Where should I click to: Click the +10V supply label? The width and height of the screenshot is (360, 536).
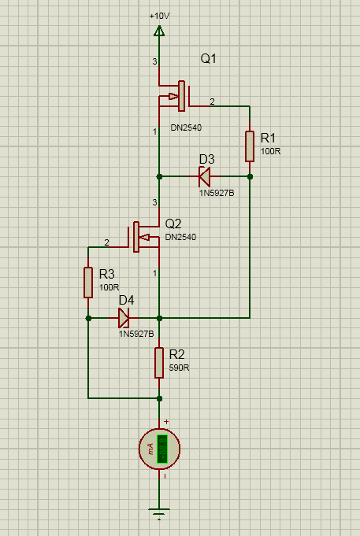(159, 15)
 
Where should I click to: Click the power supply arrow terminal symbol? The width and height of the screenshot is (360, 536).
(159, 31)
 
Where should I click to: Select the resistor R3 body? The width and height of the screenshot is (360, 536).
(88, 283)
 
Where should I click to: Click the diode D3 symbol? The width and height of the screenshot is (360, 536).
(205, 177)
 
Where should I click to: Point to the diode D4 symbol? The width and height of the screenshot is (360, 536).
(124, 318)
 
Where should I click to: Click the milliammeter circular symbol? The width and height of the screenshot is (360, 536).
(159, 449)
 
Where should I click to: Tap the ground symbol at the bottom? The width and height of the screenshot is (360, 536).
(159, 516)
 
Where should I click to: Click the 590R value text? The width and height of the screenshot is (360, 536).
(179, 368)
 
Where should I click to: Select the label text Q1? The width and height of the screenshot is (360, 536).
(209, 59)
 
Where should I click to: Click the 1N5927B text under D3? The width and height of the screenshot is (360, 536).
(216, 193)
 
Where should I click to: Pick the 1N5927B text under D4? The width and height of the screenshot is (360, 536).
(136, 334)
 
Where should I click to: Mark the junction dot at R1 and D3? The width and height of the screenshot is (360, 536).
(250, 177)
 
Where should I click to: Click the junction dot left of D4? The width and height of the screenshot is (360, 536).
(88, 318)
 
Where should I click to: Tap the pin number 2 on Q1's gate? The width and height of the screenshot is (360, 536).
(211, 100)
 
